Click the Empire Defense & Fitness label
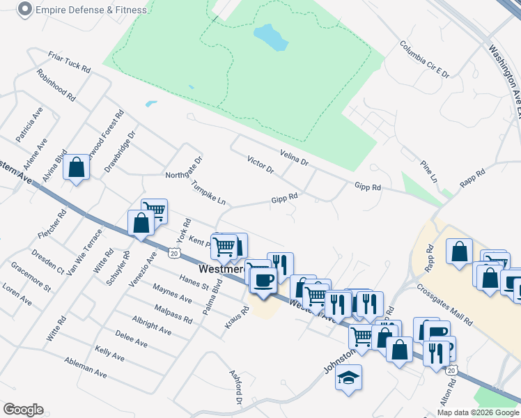91,10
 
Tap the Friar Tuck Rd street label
70,61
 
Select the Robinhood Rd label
56,86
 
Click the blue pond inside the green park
271,38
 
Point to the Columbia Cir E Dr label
425,59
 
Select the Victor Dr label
260,166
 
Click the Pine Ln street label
428,171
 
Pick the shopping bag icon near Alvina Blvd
76,167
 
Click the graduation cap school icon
348,378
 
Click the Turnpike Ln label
209,192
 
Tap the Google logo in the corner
23,410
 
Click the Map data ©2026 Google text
477,412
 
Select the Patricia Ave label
29,125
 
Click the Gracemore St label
31,277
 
